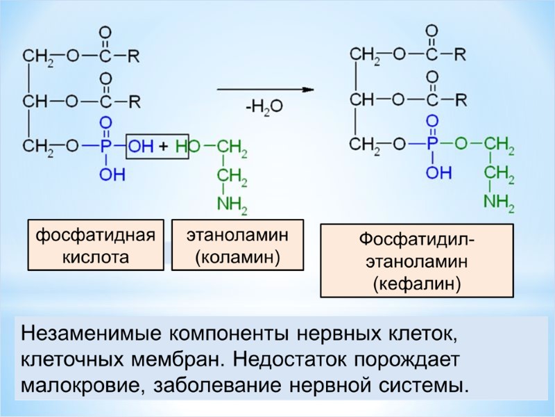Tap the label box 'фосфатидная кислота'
96,246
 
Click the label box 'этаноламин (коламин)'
238,246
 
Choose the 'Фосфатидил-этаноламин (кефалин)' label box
416,261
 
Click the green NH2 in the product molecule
499,202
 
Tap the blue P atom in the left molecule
105,147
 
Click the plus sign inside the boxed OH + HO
164,147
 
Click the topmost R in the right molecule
460,54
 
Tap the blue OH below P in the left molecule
112,174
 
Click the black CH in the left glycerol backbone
35,101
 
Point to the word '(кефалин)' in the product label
416,284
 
